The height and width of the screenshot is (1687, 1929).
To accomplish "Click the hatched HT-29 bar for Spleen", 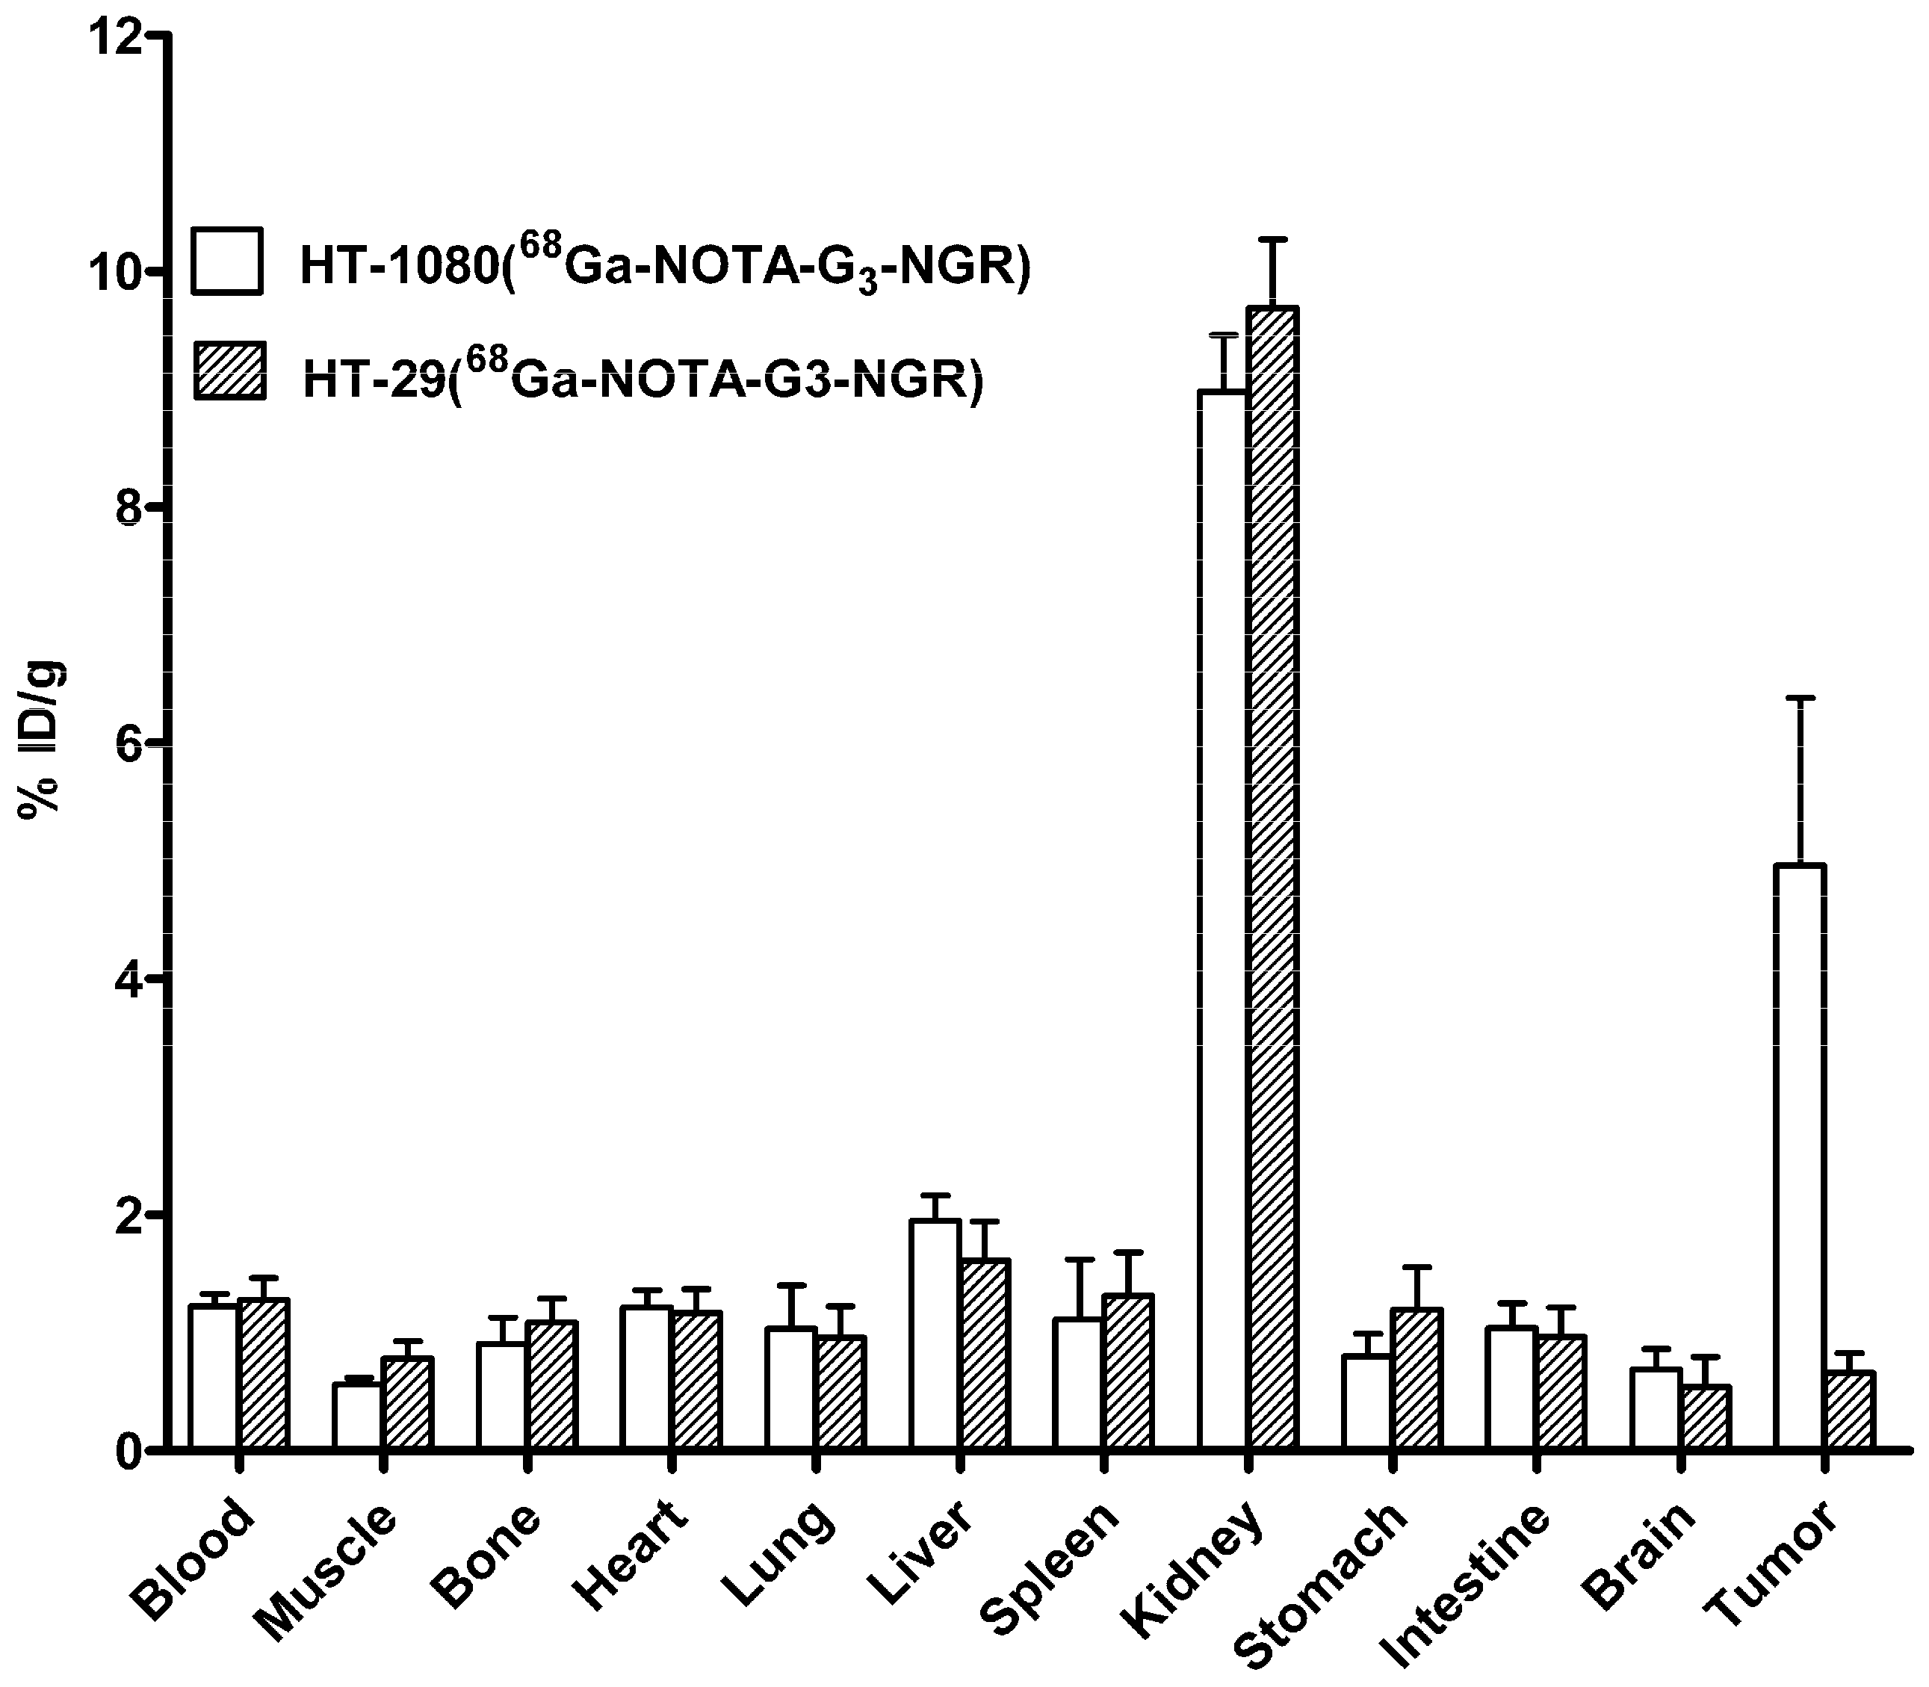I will point(1128,1371).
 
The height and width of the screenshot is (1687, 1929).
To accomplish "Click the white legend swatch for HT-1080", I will point(227,261).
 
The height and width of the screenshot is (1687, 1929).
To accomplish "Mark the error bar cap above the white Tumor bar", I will point(1799,698).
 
